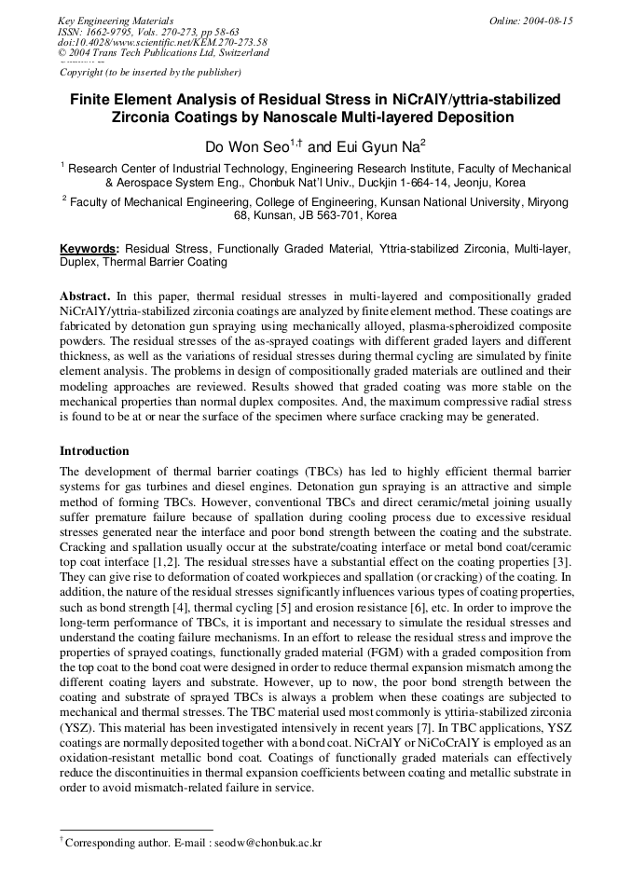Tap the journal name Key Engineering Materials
116,21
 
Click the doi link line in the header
162,42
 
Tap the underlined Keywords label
89,249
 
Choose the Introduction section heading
94,451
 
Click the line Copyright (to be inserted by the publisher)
150,72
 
